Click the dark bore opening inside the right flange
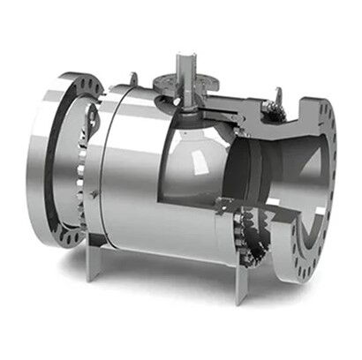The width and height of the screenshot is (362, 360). click(291, 190)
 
